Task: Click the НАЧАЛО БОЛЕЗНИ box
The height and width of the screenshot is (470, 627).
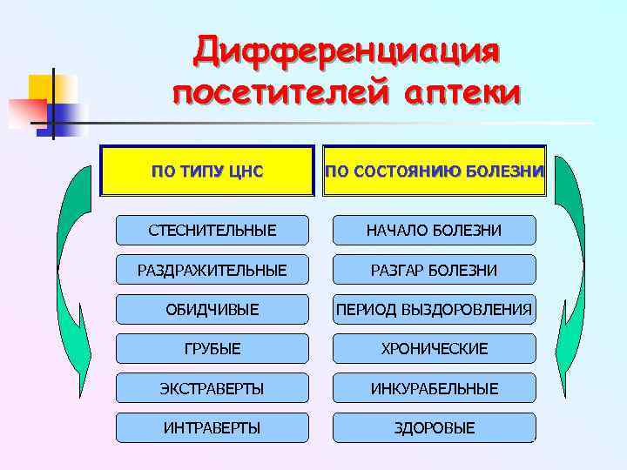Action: (434, 231)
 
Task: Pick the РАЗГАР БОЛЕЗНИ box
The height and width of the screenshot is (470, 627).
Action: (434, 271)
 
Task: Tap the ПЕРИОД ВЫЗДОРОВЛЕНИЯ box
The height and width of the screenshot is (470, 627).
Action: (434, 309)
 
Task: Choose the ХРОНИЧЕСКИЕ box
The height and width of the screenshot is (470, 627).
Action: (434, 348)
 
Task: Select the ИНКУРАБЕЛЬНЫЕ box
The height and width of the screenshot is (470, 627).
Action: (434, 388)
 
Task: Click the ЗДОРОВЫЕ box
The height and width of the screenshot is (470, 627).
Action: (434, 427)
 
